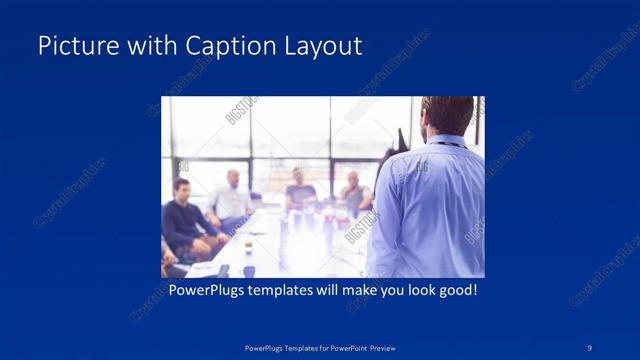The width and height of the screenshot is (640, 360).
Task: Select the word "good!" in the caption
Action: [x=454, y=291]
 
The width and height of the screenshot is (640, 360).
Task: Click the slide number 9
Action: [x=590, y=346]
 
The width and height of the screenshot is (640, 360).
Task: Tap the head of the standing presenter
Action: [x=446, y=115]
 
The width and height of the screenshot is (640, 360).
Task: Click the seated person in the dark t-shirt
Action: [x=300, y=192]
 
